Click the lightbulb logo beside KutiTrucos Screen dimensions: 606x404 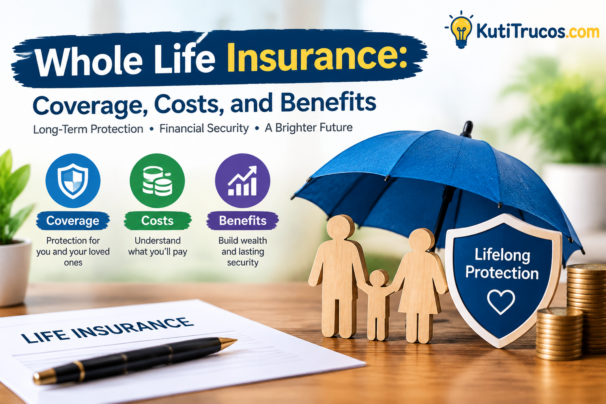(461, 30)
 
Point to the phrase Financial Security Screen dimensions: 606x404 (204, 128)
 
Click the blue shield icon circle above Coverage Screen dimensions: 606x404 (73, 180)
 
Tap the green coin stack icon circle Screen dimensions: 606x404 (157, 180)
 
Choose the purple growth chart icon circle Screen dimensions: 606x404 (242, 180)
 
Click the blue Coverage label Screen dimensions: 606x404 (73, 221)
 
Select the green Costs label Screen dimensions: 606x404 (157, 221)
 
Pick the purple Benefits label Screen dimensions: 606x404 (243, 221)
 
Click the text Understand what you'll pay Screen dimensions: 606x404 (158, 246)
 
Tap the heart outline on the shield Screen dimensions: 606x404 (501, 301)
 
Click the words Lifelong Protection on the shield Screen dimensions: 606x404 (502, 264)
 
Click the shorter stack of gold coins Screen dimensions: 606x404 (559, 334)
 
